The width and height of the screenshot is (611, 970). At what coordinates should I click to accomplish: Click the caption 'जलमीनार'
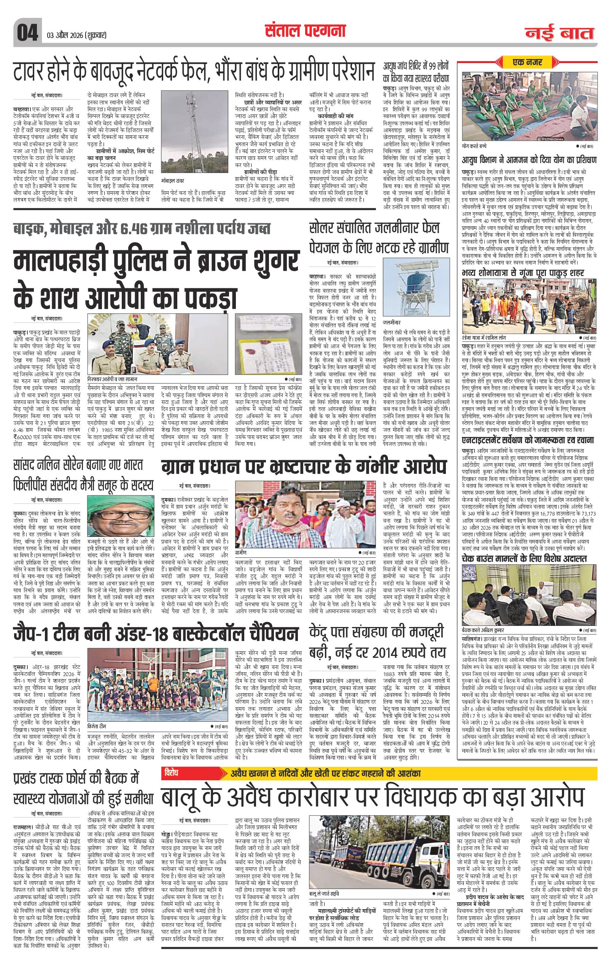[392, 322]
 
